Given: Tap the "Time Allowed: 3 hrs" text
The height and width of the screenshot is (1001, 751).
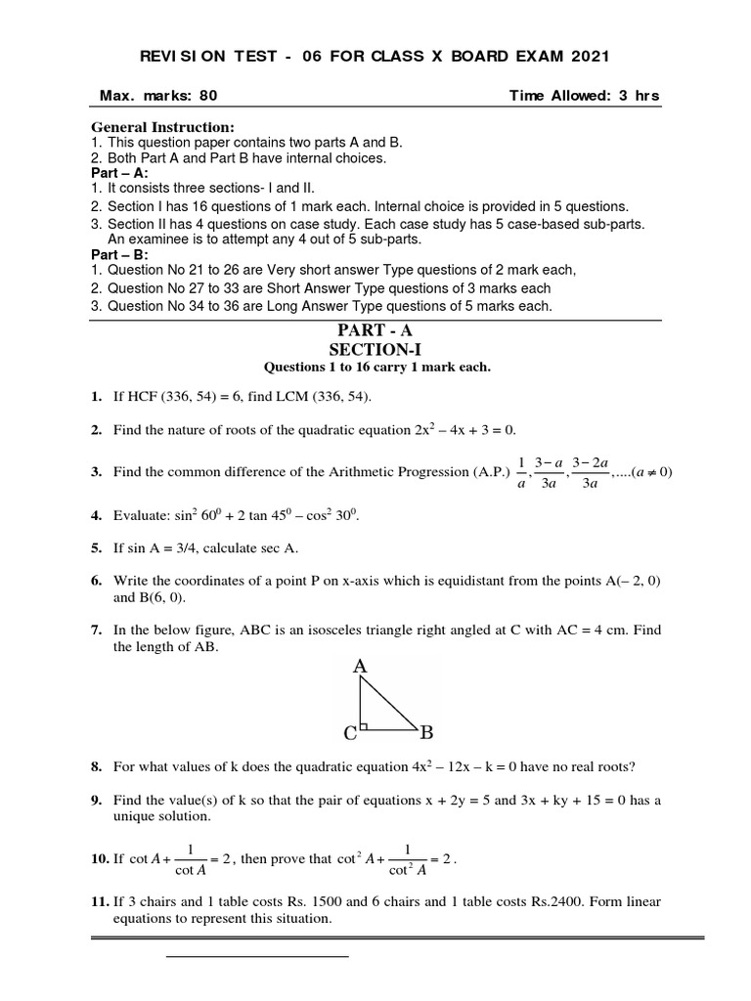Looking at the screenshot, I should tap(585, 96).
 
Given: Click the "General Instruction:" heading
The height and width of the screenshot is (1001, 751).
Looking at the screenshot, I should tap(162, 127).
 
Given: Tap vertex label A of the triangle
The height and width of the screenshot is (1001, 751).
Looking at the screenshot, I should tap(360, 667).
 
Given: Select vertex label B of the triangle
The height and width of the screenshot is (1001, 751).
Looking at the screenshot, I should tap(426, 731).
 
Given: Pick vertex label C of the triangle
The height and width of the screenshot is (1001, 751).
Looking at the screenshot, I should tap(349, 732).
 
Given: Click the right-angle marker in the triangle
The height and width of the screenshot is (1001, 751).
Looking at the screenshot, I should tap(365, 725).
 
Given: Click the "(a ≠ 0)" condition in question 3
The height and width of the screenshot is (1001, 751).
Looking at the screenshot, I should tap(652, 471).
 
